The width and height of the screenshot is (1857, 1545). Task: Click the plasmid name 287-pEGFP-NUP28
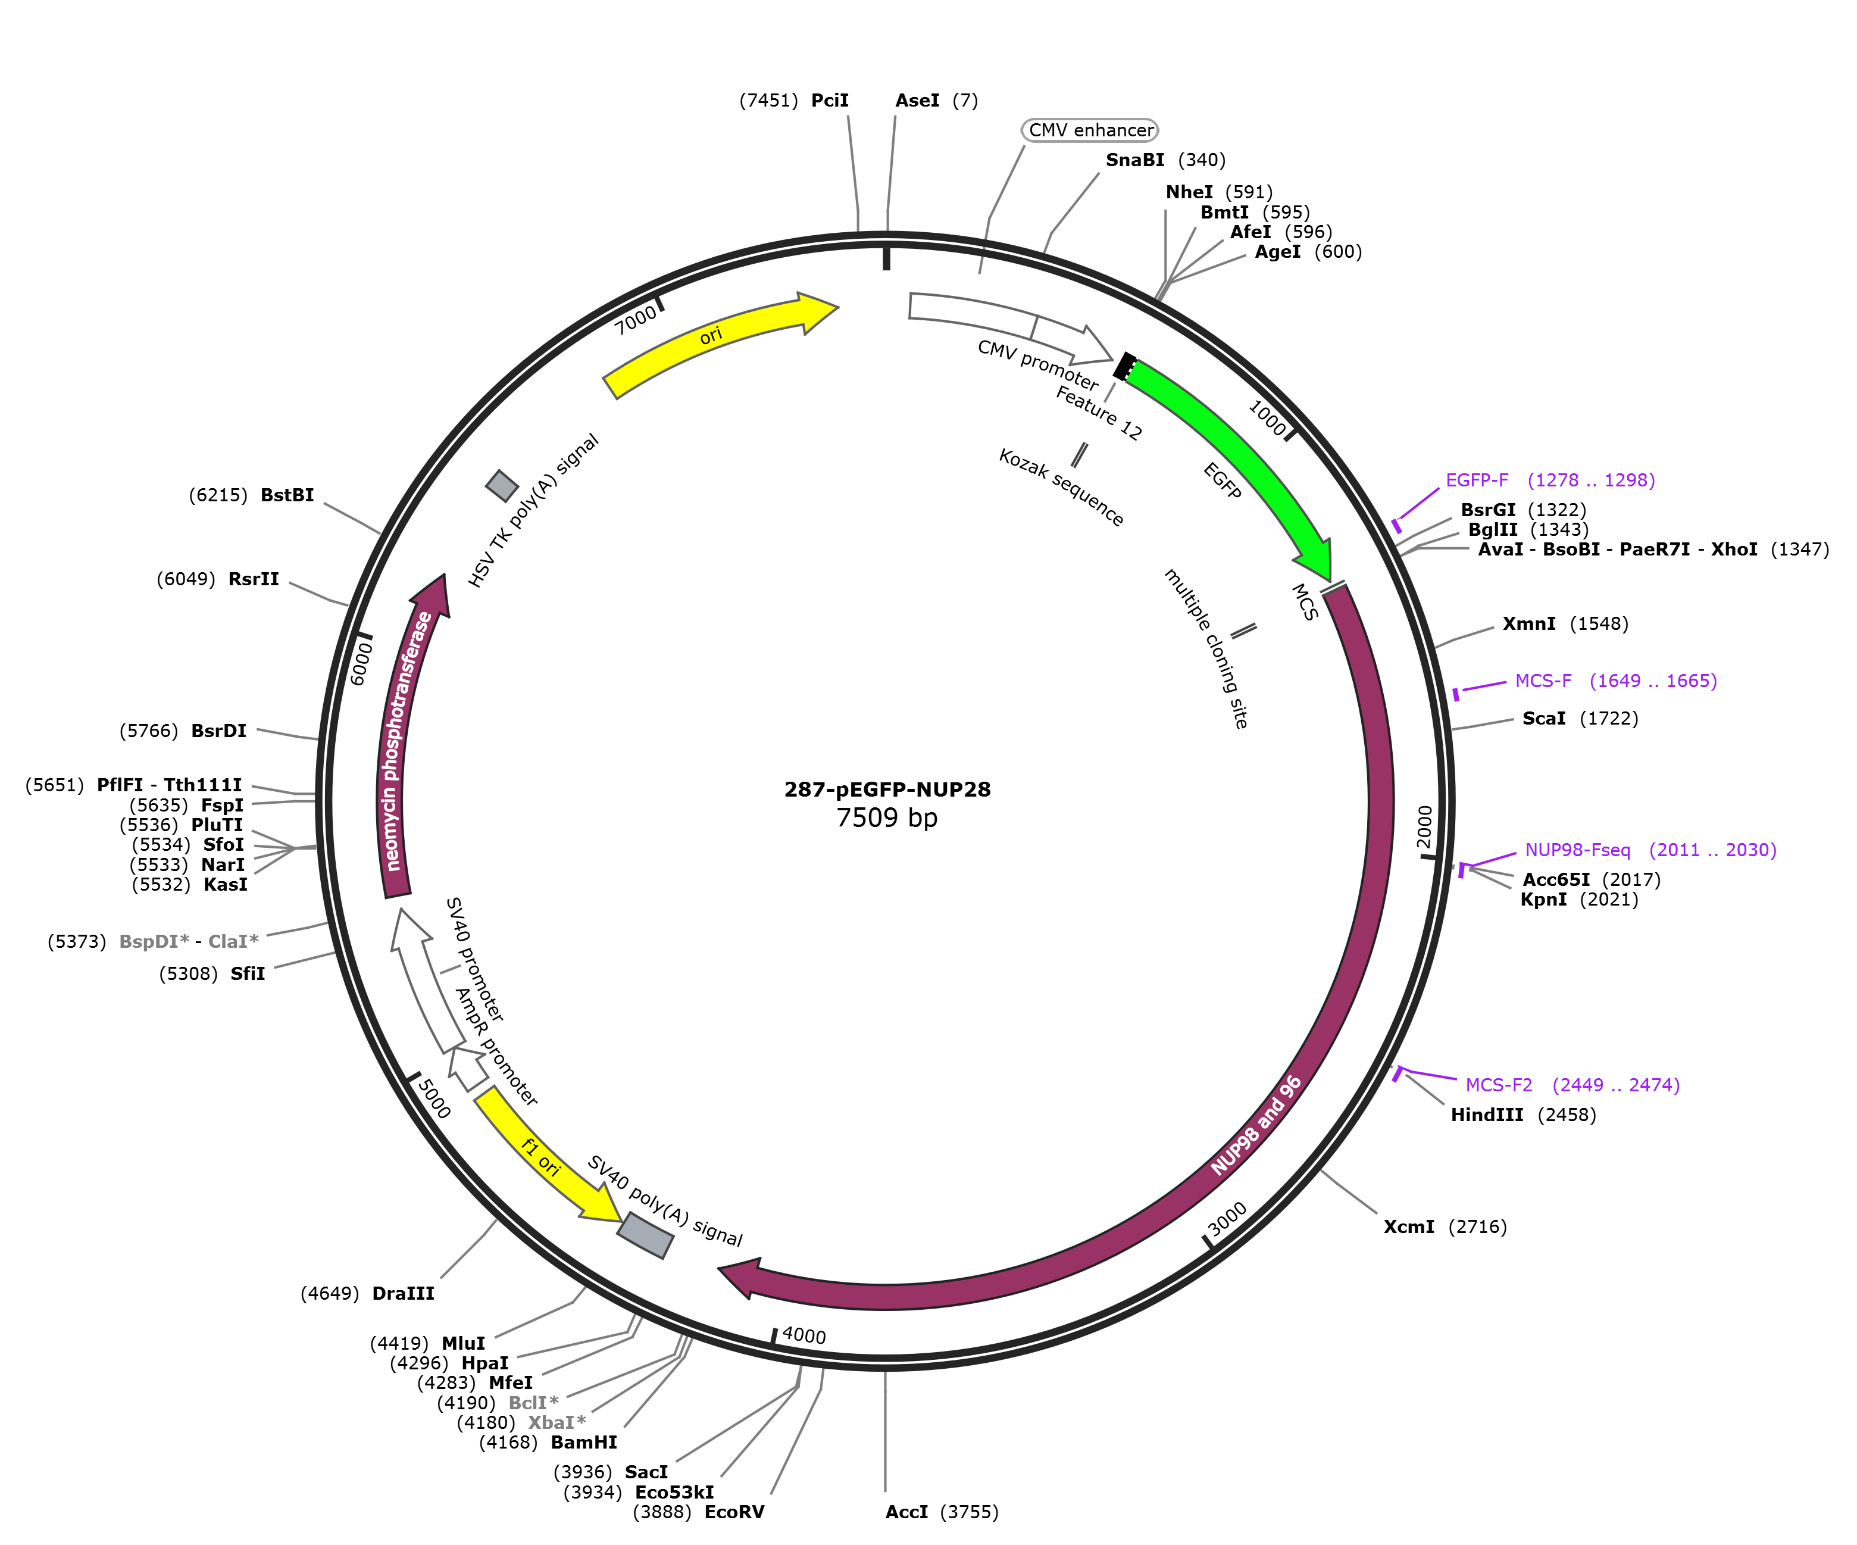click(x=887, y=789)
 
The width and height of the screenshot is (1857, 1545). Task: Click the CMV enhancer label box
click(x=1089, y=130)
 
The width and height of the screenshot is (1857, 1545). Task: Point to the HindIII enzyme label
click(x=1486, y=1115)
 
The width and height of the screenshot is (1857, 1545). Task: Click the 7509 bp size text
click(x=887, y=817)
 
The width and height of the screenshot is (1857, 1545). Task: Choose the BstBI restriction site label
click(x=287, y=495)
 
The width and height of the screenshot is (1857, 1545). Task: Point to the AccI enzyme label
click(x=906, y=1512)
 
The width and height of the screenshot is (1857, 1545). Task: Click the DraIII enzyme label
click(x=403, y=1294)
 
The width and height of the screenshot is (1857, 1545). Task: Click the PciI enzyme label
click(x=830, y=101)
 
